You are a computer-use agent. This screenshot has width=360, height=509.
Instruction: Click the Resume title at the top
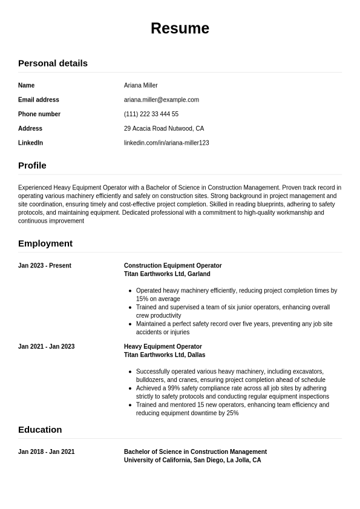point(180,28)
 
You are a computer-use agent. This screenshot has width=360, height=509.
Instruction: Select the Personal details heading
point(53,63)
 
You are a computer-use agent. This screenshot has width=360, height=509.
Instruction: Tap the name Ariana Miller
point(140,85)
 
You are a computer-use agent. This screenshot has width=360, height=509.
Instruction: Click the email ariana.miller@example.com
point(161,100)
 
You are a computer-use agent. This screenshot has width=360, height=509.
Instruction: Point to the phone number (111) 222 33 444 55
point(151,114)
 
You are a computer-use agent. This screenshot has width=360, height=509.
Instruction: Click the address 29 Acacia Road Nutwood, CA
point(163,128)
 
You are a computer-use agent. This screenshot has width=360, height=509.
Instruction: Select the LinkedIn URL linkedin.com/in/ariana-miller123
point(166,143)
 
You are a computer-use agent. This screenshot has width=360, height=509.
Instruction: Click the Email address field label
point(39,100)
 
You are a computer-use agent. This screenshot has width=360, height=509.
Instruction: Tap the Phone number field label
point(39,114)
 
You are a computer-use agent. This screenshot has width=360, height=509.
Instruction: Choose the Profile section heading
point(32,165)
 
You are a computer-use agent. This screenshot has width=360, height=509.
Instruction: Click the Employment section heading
point(45,243)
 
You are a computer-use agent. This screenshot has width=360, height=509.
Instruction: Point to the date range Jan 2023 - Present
point(45,266)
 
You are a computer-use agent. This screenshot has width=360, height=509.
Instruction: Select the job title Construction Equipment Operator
point(172,266)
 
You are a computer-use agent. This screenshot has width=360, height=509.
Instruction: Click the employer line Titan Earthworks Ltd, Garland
point(167,274)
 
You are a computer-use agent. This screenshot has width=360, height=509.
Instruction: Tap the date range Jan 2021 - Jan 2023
point(46,347)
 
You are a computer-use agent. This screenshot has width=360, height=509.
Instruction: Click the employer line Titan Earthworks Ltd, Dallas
point(165,355)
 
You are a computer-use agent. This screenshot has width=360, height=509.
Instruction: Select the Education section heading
point(40,430)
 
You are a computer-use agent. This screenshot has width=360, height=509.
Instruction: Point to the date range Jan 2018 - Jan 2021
point(46,452)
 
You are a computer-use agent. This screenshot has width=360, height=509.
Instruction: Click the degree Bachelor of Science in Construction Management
point(195,452)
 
